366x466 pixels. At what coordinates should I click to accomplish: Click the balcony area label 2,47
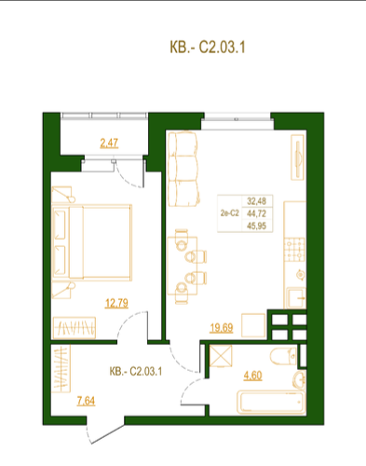109,143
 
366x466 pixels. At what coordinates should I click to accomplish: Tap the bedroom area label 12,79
116,303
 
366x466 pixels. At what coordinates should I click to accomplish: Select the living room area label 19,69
222,327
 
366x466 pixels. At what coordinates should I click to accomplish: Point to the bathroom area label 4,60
252,376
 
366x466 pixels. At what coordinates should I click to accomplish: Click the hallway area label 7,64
86,401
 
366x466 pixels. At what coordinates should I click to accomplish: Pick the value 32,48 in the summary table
256,201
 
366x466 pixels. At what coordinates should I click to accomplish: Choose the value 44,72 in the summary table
256,213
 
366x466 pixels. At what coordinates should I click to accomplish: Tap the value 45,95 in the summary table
256,226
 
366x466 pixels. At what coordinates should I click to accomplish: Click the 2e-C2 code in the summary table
230,213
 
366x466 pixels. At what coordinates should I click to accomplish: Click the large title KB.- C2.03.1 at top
208,48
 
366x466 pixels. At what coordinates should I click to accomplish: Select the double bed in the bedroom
92,242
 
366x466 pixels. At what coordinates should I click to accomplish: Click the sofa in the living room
183,169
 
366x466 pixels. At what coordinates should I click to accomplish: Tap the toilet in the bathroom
283,356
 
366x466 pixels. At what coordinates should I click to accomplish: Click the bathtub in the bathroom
271,403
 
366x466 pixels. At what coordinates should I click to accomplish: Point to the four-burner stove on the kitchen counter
294,249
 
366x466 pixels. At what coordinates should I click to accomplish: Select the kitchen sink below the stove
296,298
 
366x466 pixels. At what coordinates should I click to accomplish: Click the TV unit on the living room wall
297,158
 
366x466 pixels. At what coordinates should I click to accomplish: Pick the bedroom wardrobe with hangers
74,328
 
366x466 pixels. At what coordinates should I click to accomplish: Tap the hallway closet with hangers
61,368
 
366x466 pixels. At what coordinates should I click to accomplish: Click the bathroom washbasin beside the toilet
300,379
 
